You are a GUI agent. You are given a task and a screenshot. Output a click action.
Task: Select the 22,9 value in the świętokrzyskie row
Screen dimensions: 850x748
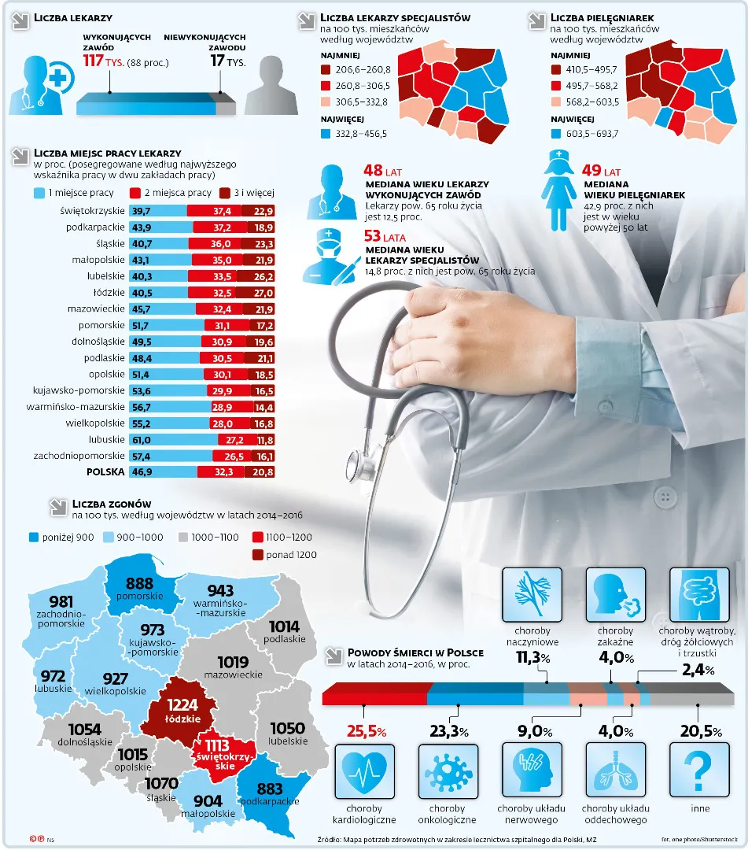coord(263,211)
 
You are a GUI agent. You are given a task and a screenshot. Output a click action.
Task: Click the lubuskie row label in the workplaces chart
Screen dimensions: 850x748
coord(106,439)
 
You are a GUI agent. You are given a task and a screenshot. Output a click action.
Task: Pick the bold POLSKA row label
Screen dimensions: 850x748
coord(105,472)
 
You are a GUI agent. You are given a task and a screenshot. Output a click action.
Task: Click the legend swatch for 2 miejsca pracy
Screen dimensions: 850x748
coord(134,193)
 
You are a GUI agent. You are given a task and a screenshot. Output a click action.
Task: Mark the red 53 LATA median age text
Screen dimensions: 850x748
coord(384,236)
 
